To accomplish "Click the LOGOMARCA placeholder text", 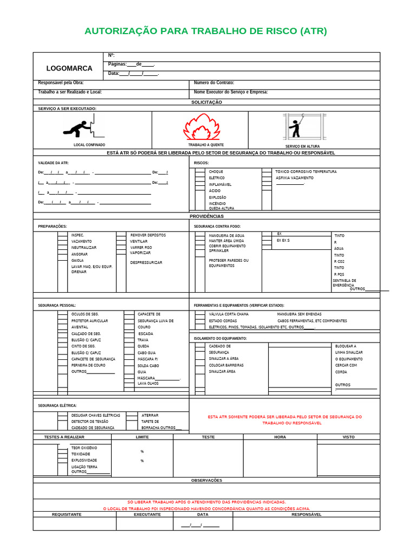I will tap(69, 68).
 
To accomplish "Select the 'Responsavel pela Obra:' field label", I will tap(61, 83).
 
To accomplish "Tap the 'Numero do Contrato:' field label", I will tap(214, 83).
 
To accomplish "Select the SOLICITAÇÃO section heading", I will tap(206, 102).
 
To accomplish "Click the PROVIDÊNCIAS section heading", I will tap(206, 216).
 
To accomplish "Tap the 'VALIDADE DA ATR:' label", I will tap(53, 163).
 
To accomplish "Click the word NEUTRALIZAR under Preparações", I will tap(84, 248).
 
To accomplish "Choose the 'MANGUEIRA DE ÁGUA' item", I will tap(226, 236).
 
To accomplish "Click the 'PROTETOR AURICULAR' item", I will tap(89, 321).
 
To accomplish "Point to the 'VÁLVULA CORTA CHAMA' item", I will tap(229, 314).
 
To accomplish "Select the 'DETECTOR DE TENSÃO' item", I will tap(89, 422).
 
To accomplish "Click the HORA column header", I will tap(280, 437).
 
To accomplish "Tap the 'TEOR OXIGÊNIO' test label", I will tap(84, 448).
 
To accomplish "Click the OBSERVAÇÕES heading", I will tap(206, 480).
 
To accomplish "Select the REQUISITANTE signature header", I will tap(67, 514).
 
